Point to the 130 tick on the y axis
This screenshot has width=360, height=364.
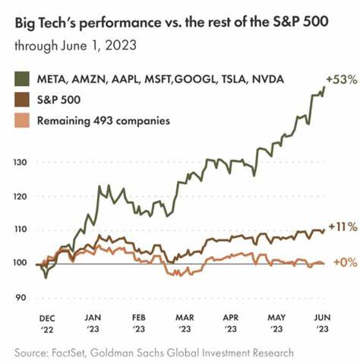click(x=21, y=163)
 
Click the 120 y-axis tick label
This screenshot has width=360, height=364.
click(x=21, y=196)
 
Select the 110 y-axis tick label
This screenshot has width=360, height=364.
click(x=21, y=229)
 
